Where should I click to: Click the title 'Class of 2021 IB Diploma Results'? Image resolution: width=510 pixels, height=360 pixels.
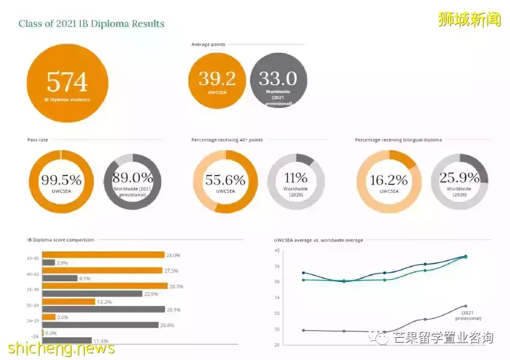coord(91,24)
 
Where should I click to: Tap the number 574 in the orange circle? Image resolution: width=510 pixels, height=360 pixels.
coord(67,82)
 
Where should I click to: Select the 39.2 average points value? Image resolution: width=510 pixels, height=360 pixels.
coord(217,78)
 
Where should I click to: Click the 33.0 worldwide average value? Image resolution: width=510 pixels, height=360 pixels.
coord(278,78)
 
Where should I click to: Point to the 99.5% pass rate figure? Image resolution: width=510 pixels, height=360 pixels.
coord(61,179)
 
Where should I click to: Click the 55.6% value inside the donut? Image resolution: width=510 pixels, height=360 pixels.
coord(225,180)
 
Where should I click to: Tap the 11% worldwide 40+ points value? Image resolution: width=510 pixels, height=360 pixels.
coord(296,178)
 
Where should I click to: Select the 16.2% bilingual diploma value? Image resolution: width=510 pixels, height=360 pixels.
coord(389,180)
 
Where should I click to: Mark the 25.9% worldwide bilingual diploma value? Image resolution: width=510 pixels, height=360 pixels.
coord(459,178)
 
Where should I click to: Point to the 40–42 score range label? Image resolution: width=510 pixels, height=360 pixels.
coord(33,274)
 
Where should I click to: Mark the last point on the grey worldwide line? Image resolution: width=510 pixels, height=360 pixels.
coord(465,306)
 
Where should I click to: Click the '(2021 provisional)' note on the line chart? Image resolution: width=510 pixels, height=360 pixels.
coord(472,316)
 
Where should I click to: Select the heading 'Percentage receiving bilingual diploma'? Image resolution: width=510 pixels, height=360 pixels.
coord(398,140)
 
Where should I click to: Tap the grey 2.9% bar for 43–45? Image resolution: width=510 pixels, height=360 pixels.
coord(48,263)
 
